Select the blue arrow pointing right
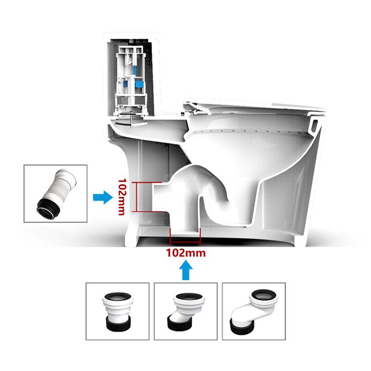[102, 197]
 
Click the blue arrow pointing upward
[186, 271]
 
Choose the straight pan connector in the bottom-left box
[117, 311]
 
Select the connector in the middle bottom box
[185, 311]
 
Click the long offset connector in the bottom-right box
[254, 311]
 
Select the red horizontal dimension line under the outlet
[185, 244]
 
